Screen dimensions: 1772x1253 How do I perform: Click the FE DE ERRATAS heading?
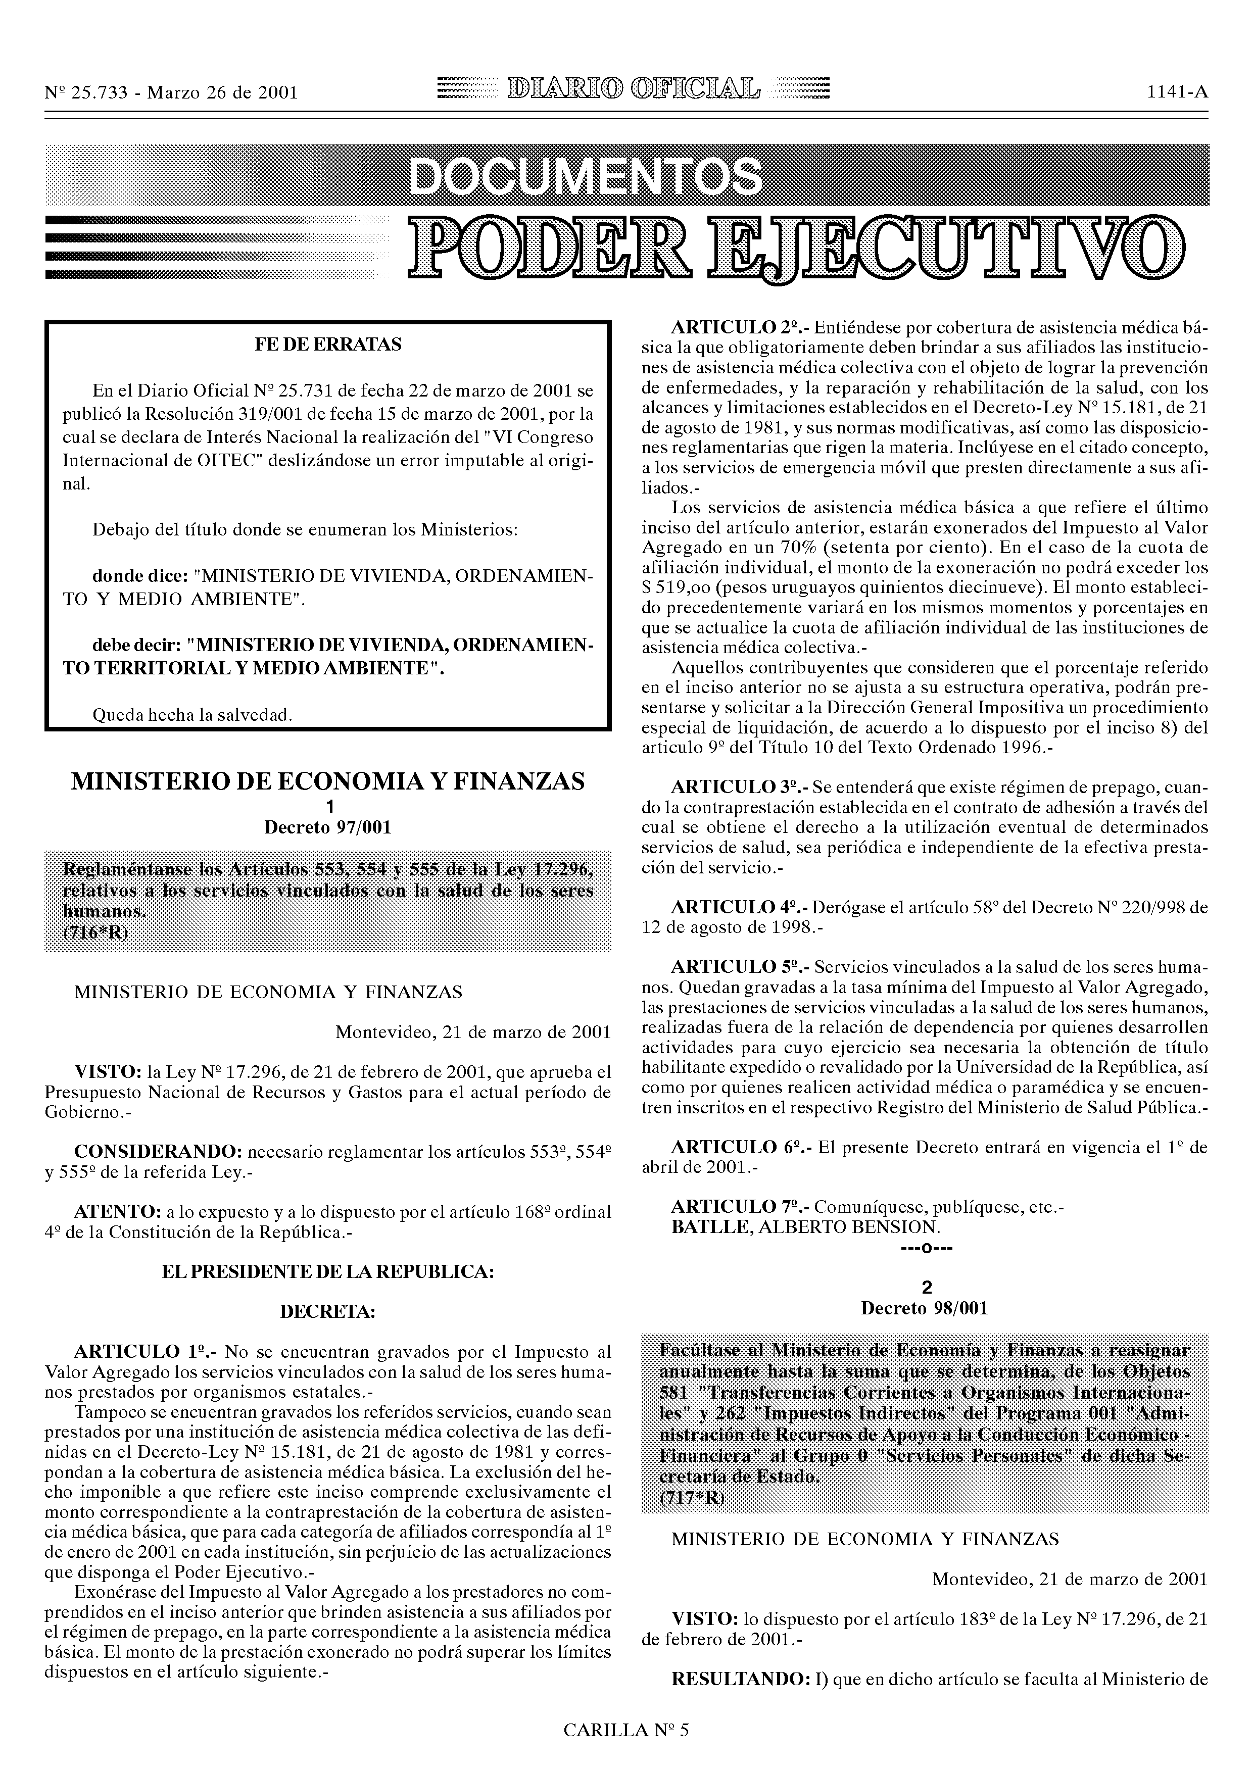coord(328,344)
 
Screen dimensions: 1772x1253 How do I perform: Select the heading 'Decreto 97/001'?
coord(328,827)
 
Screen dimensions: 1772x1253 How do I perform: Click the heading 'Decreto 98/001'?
coord(924,1308)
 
